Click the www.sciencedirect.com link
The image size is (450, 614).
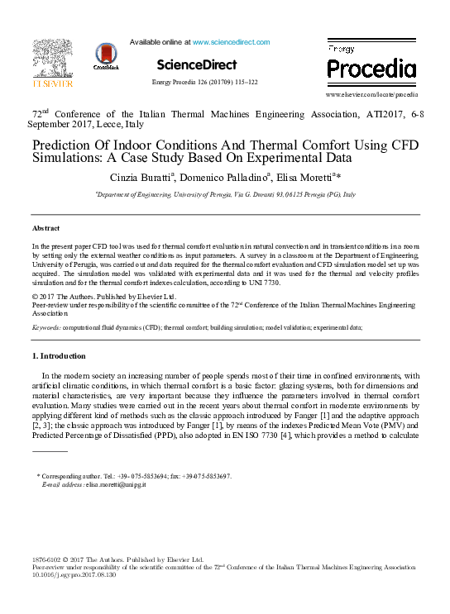click(231, 42)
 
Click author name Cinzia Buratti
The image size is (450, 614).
click(141, 178)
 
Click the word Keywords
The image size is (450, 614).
click(46, 327)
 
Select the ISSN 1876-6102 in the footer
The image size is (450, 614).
click(48, 560)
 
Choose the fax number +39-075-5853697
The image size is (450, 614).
click(202, 477)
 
